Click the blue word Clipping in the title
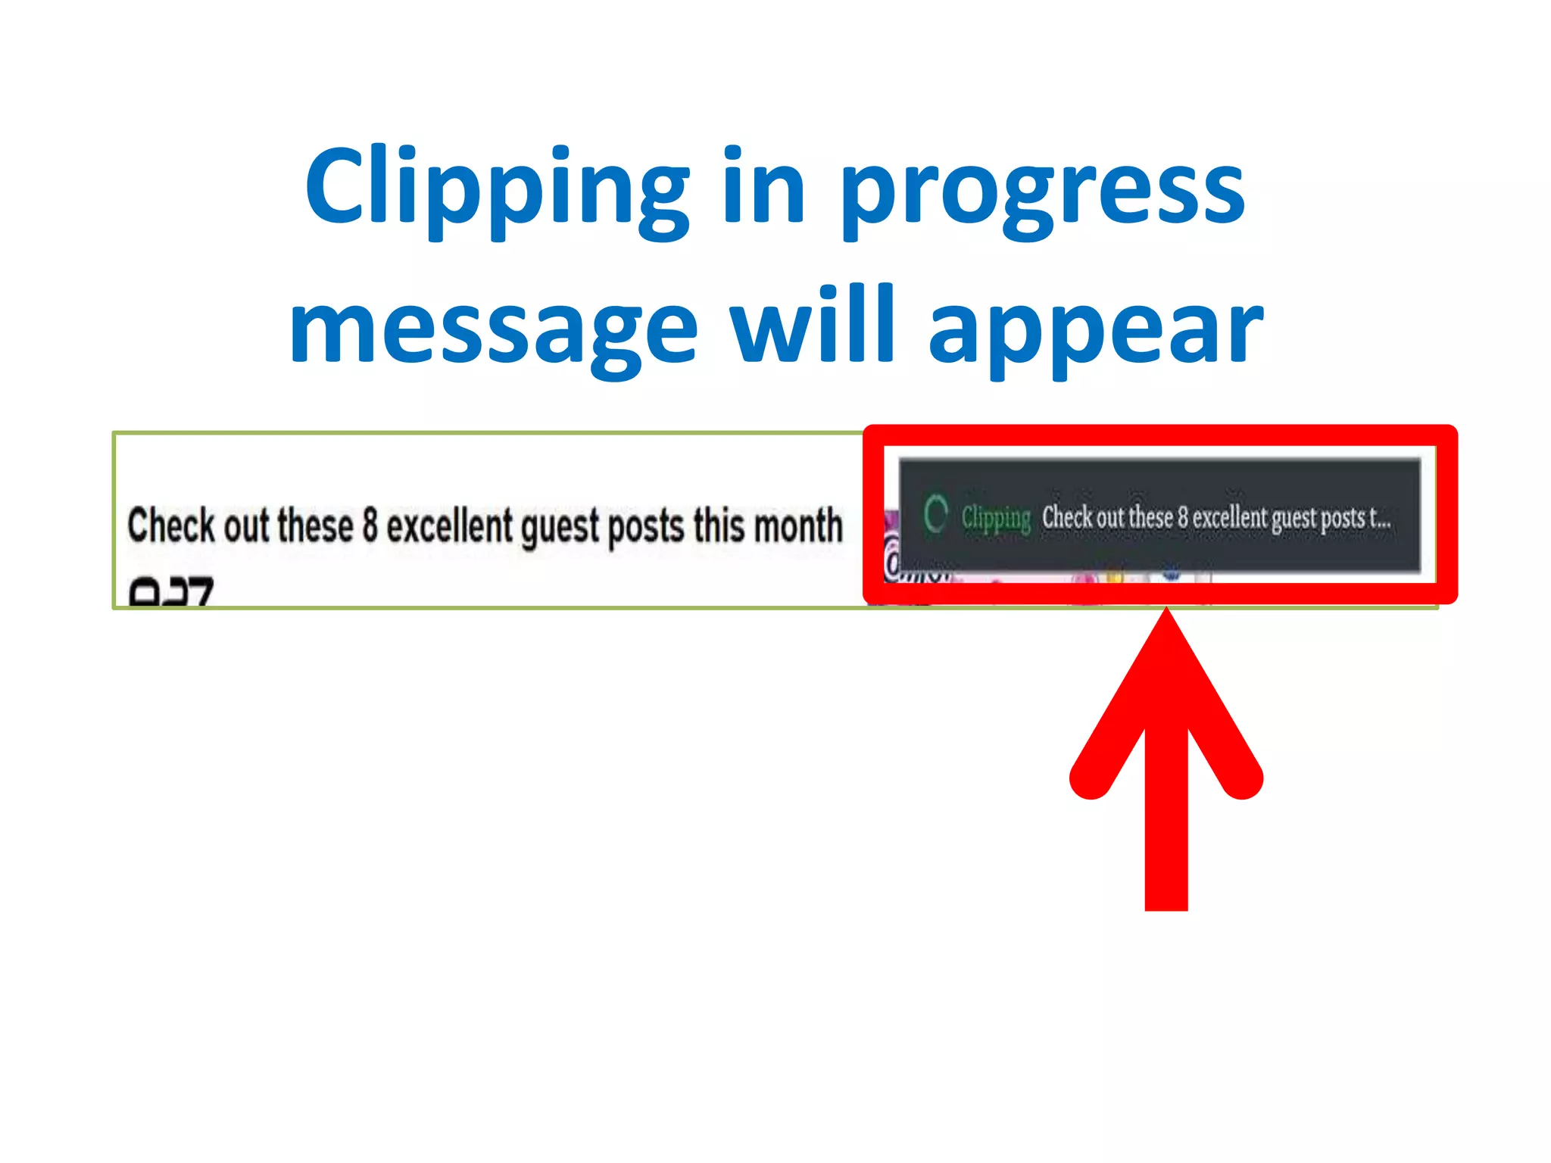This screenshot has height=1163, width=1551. (x=497, y=189)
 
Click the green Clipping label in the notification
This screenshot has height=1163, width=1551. (x=996, y=519)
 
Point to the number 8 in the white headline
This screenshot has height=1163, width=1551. (x=370, y=525)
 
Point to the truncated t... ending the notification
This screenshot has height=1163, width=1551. (x=1380, y=519)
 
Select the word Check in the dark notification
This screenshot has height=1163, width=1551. (x=1067, y=518)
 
